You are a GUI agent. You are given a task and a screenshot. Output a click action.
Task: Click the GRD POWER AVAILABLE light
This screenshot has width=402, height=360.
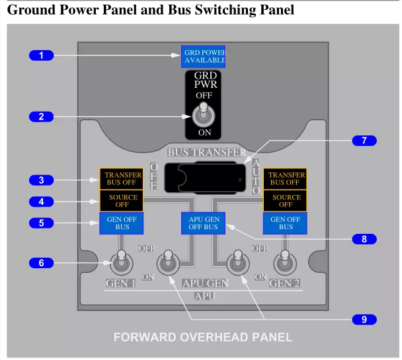[203, 57]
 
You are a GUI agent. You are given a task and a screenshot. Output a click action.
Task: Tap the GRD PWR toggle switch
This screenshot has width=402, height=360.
[204, 115]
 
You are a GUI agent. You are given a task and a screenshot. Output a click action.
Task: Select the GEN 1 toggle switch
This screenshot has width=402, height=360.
[121, 262]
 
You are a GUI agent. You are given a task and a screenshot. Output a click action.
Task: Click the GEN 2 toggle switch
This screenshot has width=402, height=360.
[285, 262]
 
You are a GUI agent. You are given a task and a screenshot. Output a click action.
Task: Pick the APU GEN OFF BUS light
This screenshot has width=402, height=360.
[203, 223]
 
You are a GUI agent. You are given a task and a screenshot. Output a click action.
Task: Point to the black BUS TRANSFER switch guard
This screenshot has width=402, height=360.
[205, 177]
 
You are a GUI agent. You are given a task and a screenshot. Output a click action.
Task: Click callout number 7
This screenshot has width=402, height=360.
[364, 141]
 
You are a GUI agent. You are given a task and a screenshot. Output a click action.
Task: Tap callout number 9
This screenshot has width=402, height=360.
[364, 320]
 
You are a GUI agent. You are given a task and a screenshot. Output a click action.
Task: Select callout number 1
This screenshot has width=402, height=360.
[41, 55]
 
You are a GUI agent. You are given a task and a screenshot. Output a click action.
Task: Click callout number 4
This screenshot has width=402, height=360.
[41, 201]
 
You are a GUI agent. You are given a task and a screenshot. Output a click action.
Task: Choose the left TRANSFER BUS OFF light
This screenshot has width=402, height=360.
[121, 179]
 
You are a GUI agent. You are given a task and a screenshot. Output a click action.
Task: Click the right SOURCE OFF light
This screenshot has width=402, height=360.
[285, 201]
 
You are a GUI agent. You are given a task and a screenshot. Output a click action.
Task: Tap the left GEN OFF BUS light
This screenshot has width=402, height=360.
[121, 223]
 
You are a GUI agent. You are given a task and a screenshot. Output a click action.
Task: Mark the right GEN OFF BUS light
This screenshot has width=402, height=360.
[285, 223]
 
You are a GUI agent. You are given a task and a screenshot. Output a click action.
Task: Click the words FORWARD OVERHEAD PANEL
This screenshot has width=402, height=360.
[203, 338]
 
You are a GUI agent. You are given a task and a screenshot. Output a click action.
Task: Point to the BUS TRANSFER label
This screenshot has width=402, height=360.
[207, 153]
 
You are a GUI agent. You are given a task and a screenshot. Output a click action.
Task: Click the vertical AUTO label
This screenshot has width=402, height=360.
[256, 176]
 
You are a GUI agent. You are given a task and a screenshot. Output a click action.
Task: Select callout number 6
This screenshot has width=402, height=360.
[41, 263]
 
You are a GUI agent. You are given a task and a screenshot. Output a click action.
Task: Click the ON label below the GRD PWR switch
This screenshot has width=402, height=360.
[204, 133]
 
